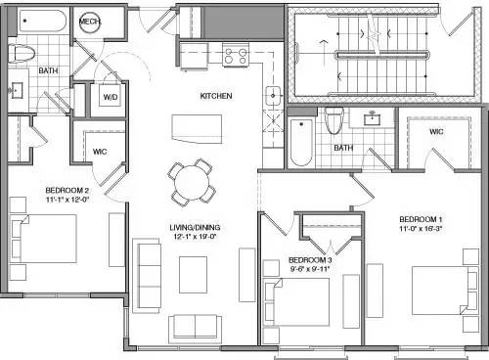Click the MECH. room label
pos(89,22)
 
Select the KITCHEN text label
pos(216,96)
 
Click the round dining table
pos(192,181)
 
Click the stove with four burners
pos(234,57)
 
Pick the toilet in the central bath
pos(333,120)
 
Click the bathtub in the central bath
pos(299,145)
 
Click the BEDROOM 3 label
pos(310,261)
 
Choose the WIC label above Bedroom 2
pos(99,152)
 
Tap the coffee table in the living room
pos(195,278)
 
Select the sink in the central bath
pos(373,119)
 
